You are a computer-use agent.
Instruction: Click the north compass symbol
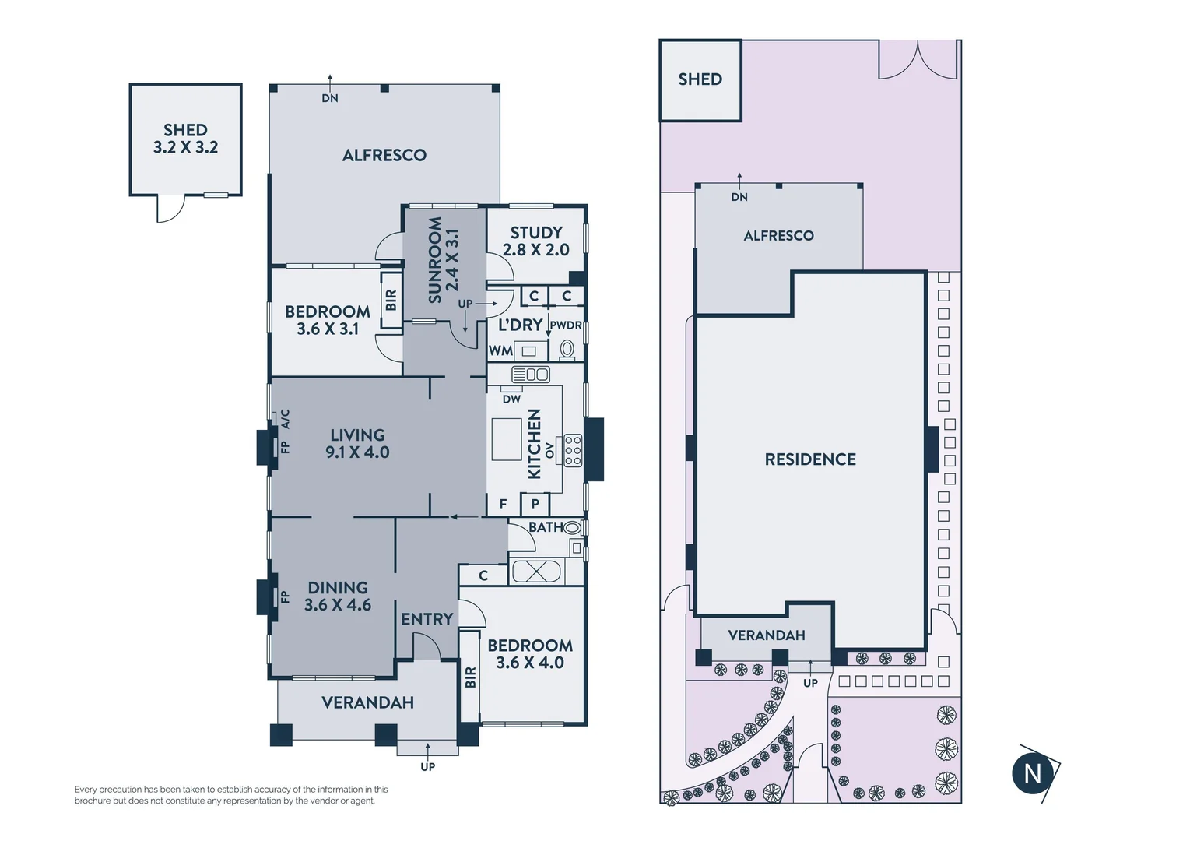point(1033,773)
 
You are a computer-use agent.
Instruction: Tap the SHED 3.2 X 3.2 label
point(185,139)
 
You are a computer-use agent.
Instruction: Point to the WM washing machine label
point(500,351)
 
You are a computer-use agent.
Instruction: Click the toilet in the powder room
point(567,349)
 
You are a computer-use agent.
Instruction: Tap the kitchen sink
point(531,375)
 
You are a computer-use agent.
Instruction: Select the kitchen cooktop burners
point(573,451)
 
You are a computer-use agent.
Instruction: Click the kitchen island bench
point(506,439)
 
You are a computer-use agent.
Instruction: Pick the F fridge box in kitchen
point(503,504)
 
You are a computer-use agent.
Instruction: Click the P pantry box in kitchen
point(535,504)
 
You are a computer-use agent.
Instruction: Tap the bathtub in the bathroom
point(536,572)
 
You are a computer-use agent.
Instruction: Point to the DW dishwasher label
point(511,399)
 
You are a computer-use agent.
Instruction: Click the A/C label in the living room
point(285,419)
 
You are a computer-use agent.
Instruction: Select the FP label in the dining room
point(285,597)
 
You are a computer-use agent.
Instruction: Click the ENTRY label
point(427,619)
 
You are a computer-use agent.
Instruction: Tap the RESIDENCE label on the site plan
point(810,459)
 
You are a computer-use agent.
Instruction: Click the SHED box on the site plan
point(700,79)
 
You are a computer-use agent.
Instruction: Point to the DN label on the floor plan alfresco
point(330,98)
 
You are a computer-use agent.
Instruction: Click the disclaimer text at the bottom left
point(231,794)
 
